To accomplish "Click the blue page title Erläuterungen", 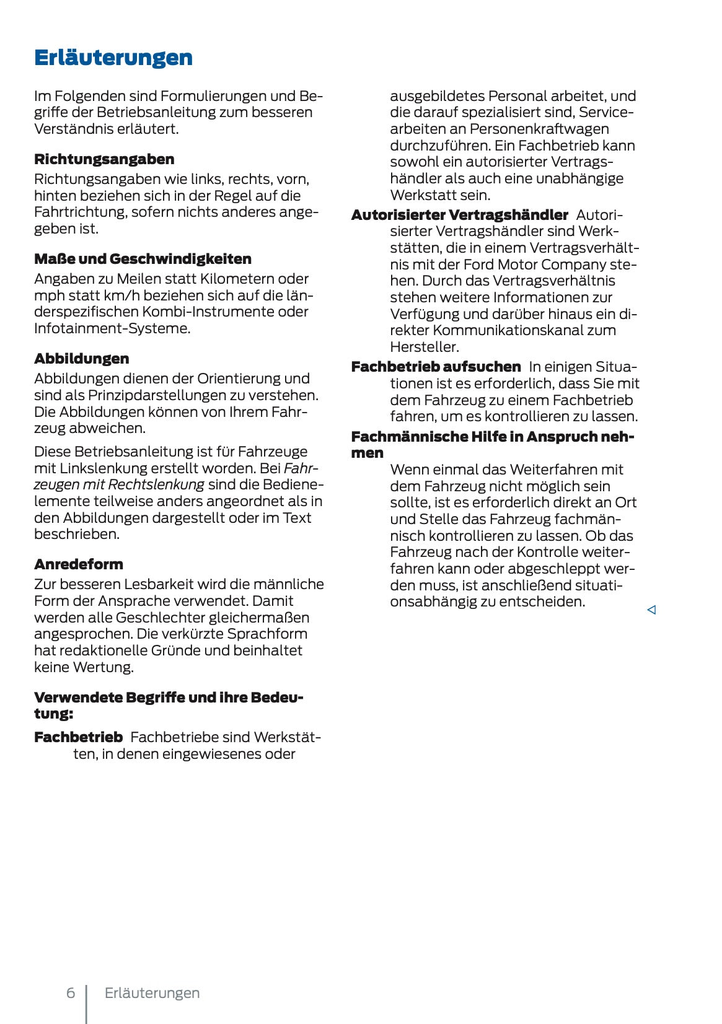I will (113, 58).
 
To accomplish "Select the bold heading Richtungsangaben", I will (104, 159).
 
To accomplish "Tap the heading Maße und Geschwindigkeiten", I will (143, 259).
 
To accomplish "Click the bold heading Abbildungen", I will (82, 359).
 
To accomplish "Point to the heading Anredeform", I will (79, 564).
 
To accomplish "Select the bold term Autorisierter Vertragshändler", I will (459, 215).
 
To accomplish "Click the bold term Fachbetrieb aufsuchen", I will (436, 367).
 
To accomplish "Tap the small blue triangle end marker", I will (651, 610).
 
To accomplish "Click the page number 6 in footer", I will (71, 993).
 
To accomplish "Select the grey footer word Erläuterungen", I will (152, 993).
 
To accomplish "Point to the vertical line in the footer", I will (86, 1004).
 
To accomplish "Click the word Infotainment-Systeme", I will (111, 328).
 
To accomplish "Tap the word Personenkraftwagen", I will (539, 129).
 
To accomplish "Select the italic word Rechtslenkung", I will (156, 484).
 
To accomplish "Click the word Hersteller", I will (424, 347).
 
